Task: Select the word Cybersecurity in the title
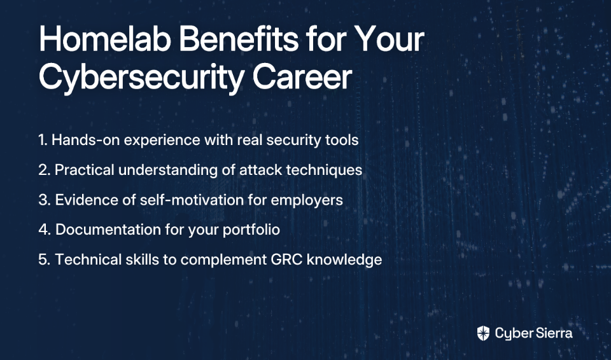pos(141,78)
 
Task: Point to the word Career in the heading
pos(302,77)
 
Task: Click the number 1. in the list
pos(43,140)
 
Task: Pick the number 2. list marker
pos(44,170)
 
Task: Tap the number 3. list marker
pos(45,200)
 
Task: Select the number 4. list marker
pos(45,230)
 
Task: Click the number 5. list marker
pos(45,260)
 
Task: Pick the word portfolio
pos(251,230)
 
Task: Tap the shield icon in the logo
pos(483,333)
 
